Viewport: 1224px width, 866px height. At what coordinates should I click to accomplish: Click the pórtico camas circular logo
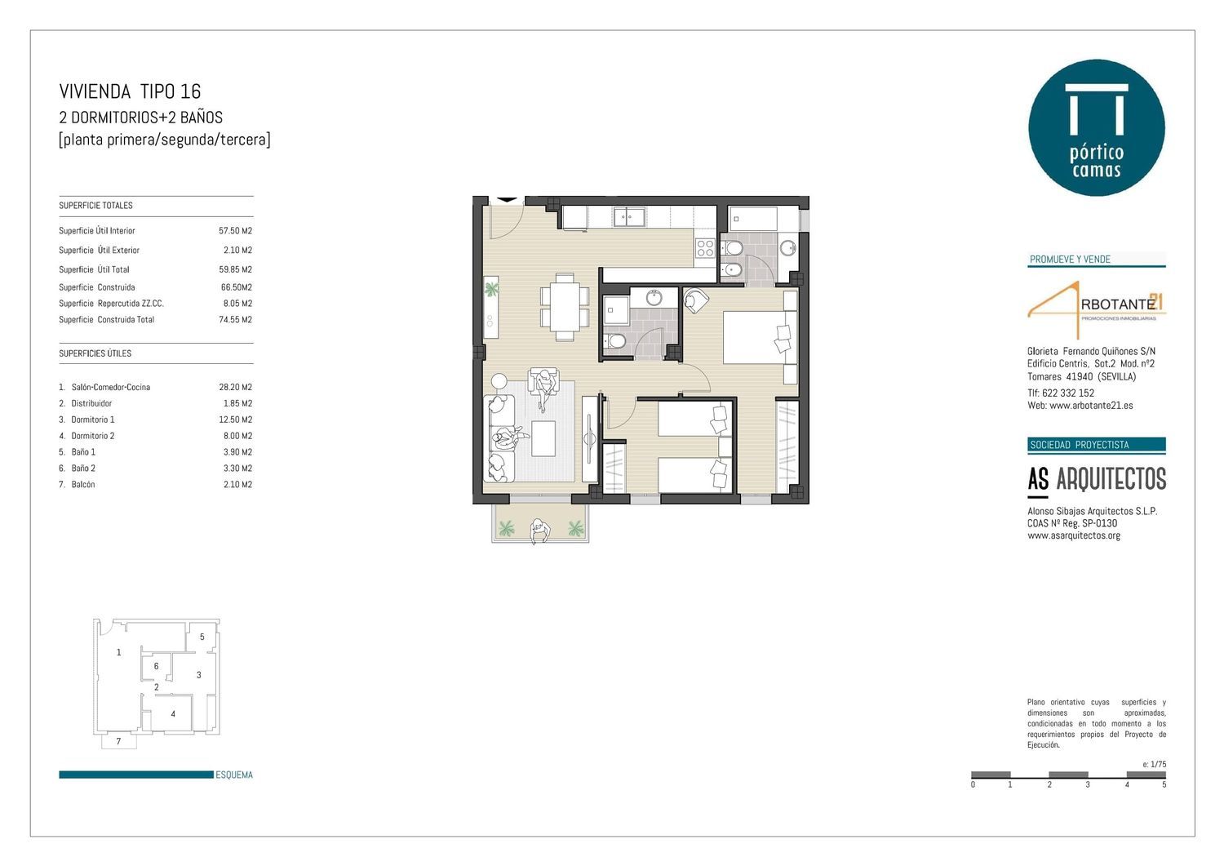tap(1096, 127)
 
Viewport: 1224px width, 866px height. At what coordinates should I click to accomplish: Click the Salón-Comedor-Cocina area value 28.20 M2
tap(236, 387)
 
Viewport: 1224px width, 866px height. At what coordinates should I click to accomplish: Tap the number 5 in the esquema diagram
tap(202, 637)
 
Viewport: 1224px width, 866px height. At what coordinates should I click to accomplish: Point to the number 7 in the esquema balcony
tap(118, 741)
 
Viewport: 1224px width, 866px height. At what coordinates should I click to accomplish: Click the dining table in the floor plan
tap(565, 307)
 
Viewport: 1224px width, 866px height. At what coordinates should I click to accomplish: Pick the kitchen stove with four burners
tap(705, 248)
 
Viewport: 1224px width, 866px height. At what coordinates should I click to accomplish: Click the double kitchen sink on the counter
tap(629, 217)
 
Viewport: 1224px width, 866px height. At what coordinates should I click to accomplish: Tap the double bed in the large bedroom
tap(760, 337)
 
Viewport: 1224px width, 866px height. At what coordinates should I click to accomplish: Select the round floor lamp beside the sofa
tap(499, 381)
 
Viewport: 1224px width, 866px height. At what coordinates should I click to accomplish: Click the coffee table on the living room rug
tap(543, 438)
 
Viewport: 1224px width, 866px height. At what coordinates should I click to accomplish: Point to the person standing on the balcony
tap(540, 531)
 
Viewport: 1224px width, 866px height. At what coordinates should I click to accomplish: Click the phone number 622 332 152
tap(1067, 393)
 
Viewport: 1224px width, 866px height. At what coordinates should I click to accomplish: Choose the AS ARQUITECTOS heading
tap(1097, 479)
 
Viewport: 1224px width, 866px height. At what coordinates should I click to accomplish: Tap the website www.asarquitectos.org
tap(1074, 535)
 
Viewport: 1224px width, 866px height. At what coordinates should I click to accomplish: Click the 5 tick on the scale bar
tap(1164, 784)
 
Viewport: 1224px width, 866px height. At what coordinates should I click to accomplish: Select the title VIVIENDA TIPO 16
tap(130, 91)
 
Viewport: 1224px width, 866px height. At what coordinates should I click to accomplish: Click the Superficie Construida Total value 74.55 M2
tap(236, 320)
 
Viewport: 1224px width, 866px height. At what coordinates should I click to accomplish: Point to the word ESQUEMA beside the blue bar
tap(234, 775)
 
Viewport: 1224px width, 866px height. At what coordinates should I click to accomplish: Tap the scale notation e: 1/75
tap(1154, 764)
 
